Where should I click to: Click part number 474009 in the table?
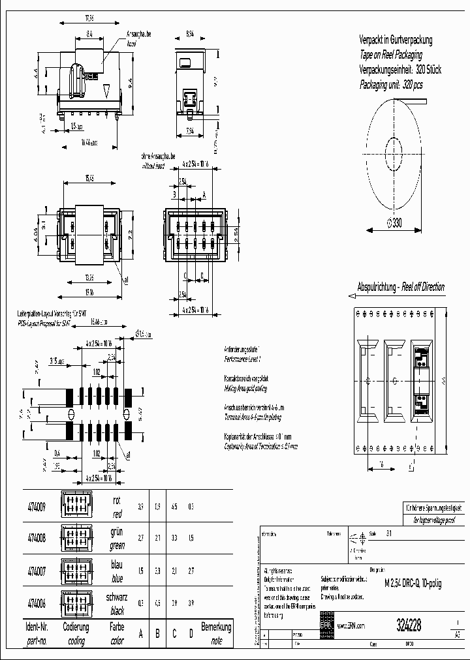pos(36,506)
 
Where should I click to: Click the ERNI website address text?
pos(351,625)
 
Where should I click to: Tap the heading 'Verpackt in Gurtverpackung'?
pos(396,40)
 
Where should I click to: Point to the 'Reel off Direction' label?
pos(422,287)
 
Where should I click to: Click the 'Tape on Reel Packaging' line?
pos(390,55)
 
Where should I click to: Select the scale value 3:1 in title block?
pos(389,533)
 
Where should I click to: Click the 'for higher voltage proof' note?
pos(431,520)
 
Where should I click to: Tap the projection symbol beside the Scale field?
pos(356,538)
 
